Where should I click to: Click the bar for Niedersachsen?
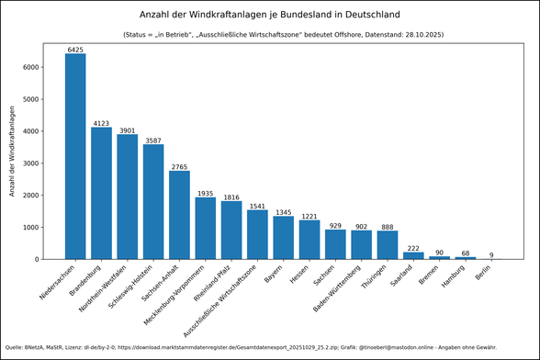75,156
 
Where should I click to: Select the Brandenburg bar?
101,193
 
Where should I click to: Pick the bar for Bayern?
284,238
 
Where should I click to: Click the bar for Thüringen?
388,245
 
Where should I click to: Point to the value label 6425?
75,50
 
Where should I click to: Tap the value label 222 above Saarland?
413,248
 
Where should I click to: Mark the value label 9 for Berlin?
491,254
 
